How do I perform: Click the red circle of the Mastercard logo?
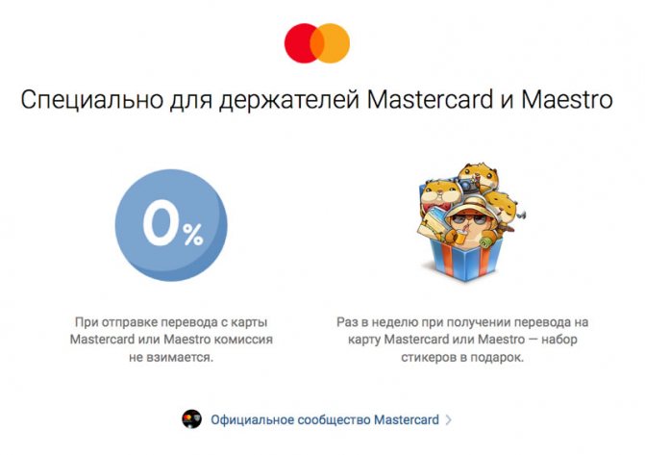pos(298,43)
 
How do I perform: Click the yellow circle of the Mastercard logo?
pos(336,43)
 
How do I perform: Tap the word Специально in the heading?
pos(91,100)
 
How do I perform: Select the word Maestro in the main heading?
pos(567,99)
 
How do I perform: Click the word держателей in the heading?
pos(289,101)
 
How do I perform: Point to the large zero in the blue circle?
pos(160,223)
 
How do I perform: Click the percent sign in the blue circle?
pos(193,235)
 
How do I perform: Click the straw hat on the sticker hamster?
pos(468,205)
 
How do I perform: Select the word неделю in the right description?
pos(394,322)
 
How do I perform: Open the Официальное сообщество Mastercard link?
pos(325,420)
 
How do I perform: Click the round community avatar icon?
pos(191,419)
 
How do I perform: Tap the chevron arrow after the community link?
pos(448,420)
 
